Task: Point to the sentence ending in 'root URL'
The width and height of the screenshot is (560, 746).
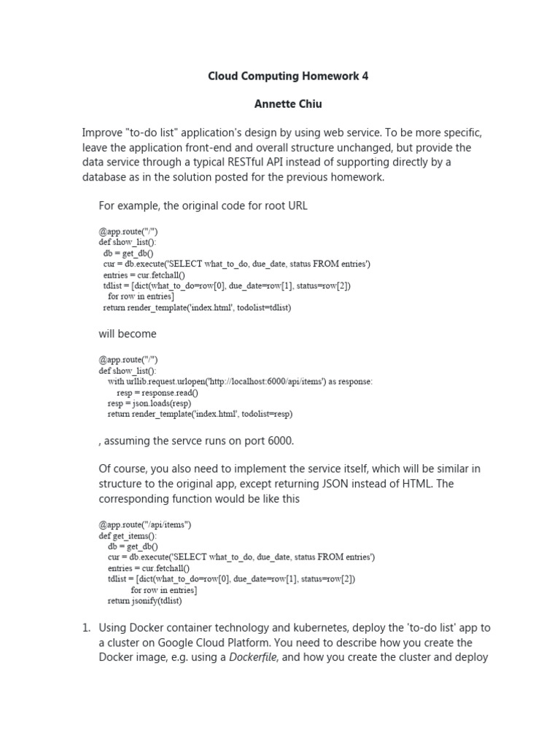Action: [x=203, y=205]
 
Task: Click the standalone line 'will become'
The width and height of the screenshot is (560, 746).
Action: [x=128, y=334]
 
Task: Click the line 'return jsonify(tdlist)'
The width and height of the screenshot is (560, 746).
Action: [x=144, y=601]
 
